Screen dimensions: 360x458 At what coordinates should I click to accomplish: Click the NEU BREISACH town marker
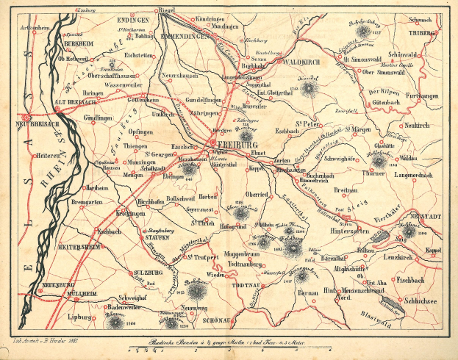pyautogui.click(x=27, y=116)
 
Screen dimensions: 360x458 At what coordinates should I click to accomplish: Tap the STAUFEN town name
pyautogui.click(x=156, y=238)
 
